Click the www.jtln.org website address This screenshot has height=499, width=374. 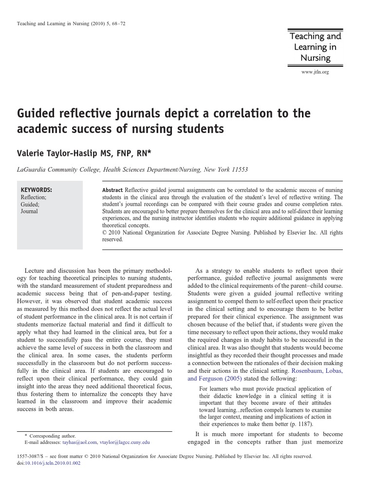pos(315,72)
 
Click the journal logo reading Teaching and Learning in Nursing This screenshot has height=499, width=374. pos(315,47)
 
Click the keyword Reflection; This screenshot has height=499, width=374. pos(33,197)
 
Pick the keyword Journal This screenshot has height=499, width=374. pos(29,211)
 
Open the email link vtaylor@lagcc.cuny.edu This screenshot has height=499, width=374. pos(124,442)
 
